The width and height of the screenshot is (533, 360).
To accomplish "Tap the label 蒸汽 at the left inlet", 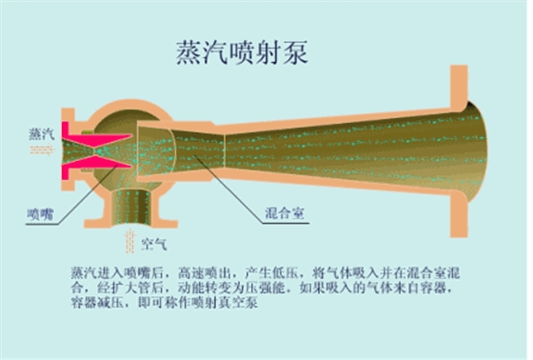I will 41,134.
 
